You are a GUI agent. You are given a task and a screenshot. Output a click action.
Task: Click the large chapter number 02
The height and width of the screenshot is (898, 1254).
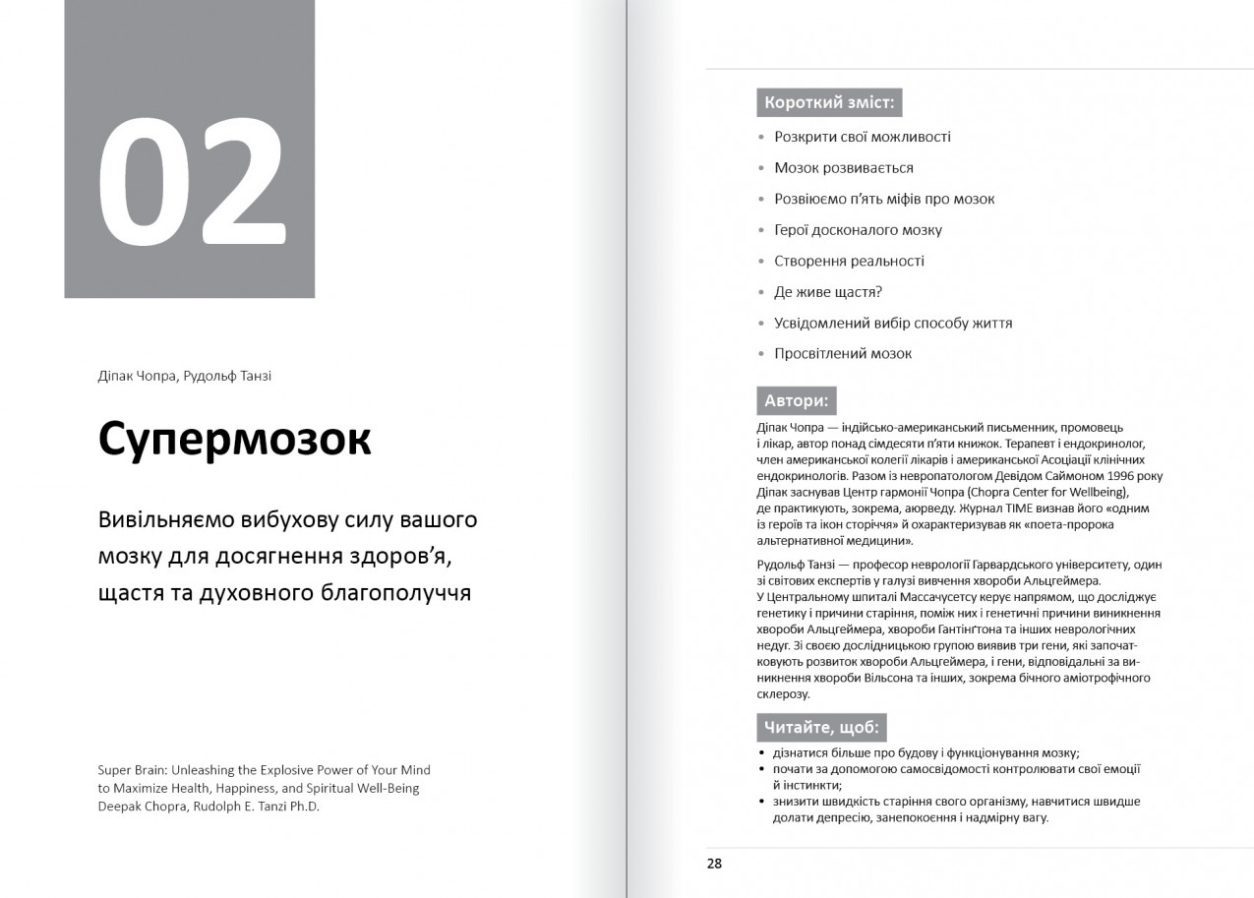[x=191, y=185]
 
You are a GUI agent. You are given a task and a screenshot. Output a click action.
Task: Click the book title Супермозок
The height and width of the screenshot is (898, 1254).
[x=234, y=440]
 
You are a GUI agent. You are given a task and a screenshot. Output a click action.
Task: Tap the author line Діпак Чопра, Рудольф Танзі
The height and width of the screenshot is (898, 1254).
[x=184, y=377]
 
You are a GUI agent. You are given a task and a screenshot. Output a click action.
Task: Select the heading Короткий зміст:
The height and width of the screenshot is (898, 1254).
[x=829, y=102]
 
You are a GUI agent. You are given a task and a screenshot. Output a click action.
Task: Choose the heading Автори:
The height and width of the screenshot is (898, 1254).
[x=796, y=400]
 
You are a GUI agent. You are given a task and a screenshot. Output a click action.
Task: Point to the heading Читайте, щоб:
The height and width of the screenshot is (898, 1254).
[x=821, y=728]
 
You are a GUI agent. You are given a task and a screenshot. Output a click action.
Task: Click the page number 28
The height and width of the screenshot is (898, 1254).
[x=714, y=864]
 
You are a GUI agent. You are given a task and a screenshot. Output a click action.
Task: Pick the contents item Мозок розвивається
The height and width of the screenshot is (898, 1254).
[x=844, y=168]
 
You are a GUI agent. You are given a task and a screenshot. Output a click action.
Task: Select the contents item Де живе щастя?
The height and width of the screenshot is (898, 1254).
[x=828, y=292]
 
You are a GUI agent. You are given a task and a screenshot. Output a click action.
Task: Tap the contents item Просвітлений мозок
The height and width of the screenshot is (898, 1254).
[x=843, y=354]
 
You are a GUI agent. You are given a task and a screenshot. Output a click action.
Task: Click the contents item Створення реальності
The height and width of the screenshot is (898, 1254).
[x=849, y=262]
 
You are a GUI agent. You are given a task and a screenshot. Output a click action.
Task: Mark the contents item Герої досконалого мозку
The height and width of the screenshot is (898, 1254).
[x=858, y=230]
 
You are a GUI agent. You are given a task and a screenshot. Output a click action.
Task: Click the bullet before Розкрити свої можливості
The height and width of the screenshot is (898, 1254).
[x=761, y=138]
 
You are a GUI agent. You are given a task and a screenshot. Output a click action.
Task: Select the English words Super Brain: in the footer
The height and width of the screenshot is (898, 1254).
[x=138, y=770]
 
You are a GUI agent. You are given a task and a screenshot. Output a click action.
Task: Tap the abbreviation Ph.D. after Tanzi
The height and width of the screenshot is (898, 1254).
[x=303, y=806]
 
